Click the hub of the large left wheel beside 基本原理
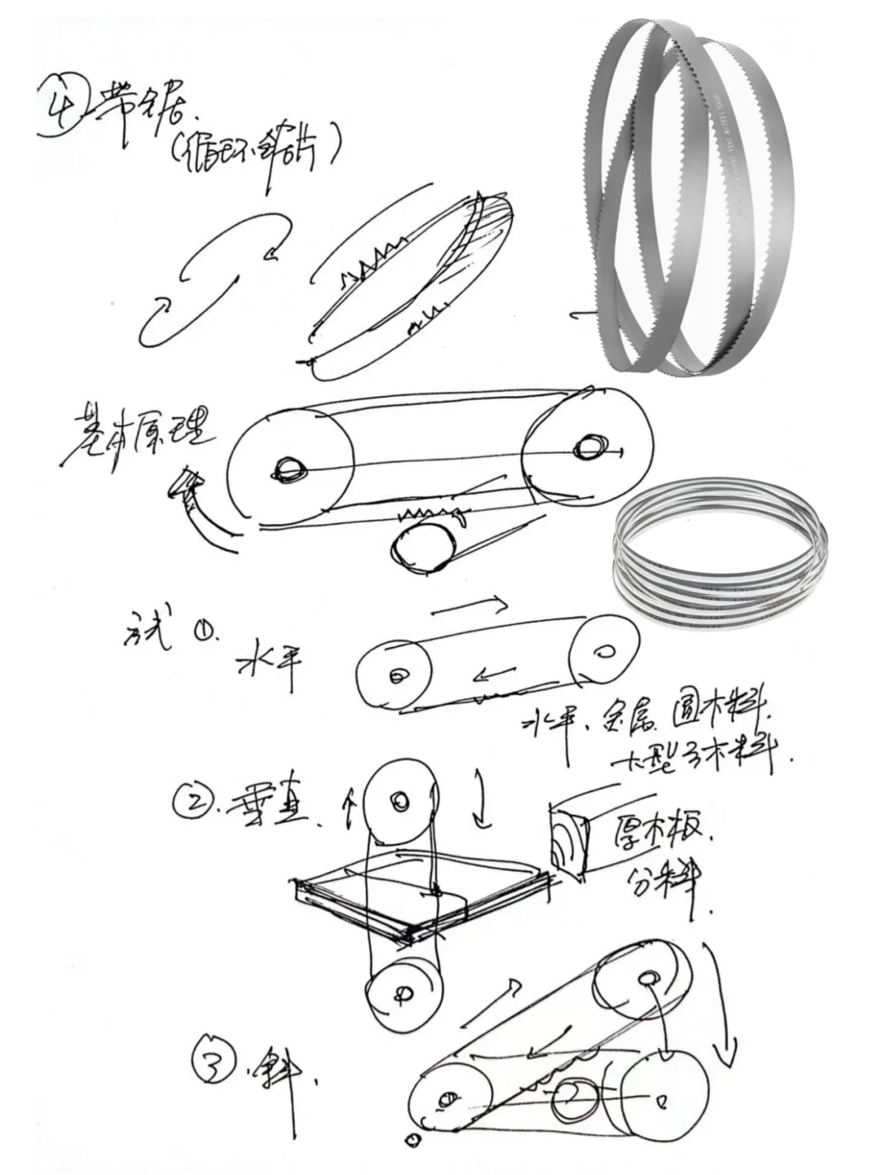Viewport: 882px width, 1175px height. pyautogui.click(x=290, y=469)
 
